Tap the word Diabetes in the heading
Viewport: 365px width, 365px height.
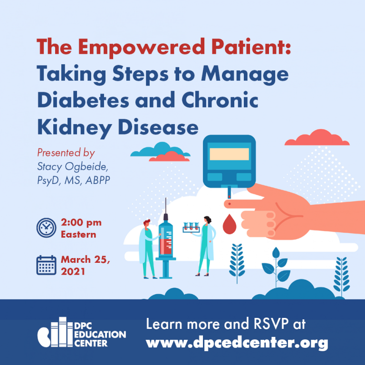pos(83,100)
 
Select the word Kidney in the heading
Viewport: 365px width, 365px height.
pos(75,128)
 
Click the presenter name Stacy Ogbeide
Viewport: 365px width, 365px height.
pos(72,167)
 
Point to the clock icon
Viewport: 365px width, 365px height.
pos(46,228)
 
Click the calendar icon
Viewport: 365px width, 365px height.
pos(46,265)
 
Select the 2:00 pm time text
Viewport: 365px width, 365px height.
pos(81,222)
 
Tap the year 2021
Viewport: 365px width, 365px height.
pos(73,272)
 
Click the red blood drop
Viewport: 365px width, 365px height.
pos(230,225)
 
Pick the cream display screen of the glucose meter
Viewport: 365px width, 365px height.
pos(229,154)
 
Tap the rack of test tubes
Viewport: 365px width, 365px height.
pos(191,228)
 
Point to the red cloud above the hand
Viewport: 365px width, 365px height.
pos(317,138)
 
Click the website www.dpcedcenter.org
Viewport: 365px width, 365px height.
pos(237,343)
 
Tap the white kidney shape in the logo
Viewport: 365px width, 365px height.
pos(44,337)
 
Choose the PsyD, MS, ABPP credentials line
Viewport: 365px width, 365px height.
pos(74,181)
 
